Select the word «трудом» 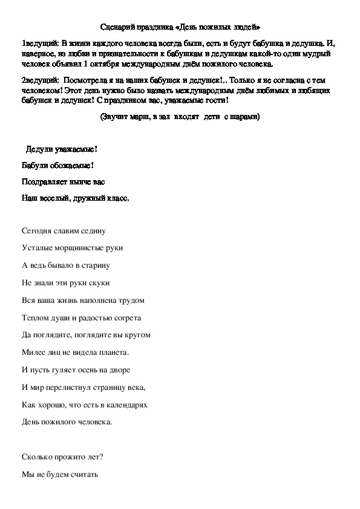132,299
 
